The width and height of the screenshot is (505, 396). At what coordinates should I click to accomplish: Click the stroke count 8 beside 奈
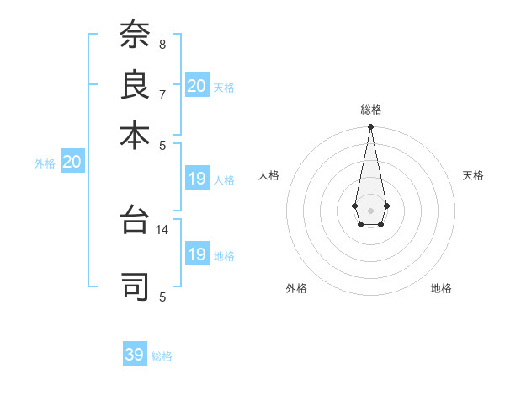(162, 44)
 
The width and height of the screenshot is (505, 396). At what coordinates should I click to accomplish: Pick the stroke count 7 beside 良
(162, 94)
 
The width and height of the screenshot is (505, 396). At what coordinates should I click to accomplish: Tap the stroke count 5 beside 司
(162, 297)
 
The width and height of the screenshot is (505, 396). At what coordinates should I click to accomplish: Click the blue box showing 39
(135, 355)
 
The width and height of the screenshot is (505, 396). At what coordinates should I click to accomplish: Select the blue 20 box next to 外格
(72, 163)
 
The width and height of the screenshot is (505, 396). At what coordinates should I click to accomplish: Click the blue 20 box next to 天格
(197, 86)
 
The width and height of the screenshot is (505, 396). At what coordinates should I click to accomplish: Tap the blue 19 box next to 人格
(197, 179)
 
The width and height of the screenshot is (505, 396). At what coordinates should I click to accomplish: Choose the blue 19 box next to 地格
(197, 254)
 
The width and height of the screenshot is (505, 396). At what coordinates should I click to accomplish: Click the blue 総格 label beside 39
(162, 356)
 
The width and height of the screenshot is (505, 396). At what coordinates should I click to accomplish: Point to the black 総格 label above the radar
(370, 110)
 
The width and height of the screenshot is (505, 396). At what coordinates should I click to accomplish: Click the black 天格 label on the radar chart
(473, 175)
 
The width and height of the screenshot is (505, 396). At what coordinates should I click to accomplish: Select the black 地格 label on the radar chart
(441, 288)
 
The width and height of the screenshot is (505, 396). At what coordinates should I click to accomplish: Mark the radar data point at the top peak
(370, 127)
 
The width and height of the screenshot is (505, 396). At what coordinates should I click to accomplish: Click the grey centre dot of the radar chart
(370, 209)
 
